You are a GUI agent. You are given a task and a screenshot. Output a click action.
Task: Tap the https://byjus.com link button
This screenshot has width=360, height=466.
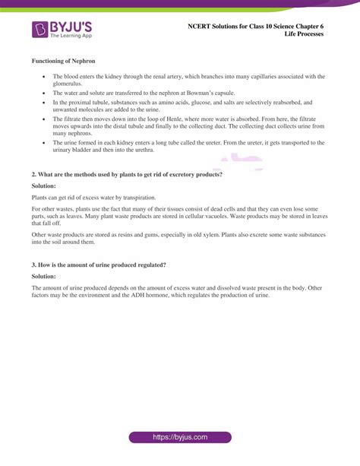(180, 439)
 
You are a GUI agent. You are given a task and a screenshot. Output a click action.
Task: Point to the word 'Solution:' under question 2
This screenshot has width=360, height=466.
(45, 185)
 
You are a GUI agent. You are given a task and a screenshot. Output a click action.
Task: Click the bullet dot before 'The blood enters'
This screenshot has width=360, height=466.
(45, 77)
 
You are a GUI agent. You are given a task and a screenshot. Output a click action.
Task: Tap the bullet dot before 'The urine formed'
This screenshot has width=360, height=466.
(45, 142)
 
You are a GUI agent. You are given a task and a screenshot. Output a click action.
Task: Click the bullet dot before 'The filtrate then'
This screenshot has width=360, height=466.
(45, 119)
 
